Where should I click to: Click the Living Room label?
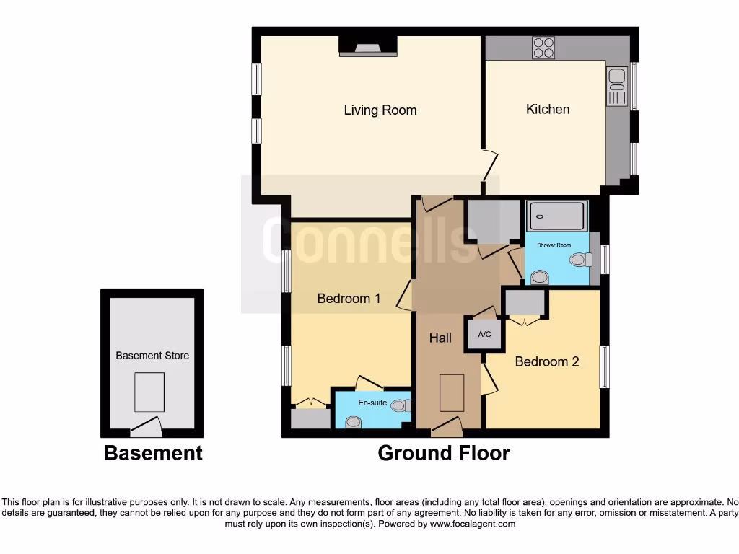380,110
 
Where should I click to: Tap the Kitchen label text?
548,109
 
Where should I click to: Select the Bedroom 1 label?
349,298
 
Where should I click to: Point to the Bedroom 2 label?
546,361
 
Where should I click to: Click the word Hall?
440,338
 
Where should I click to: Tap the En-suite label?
372,403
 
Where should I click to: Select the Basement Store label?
152,355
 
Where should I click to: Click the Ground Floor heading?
443,453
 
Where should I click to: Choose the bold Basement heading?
153,453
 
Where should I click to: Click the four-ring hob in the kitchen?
543,48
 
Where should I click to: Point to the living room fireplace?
368,48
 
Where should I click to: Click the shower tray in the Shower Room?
556,216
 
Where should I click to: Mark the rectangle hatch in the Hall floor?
452,393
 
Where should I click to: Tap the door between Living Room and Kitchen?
489,166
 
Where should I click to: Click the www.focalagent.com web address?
473,524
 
